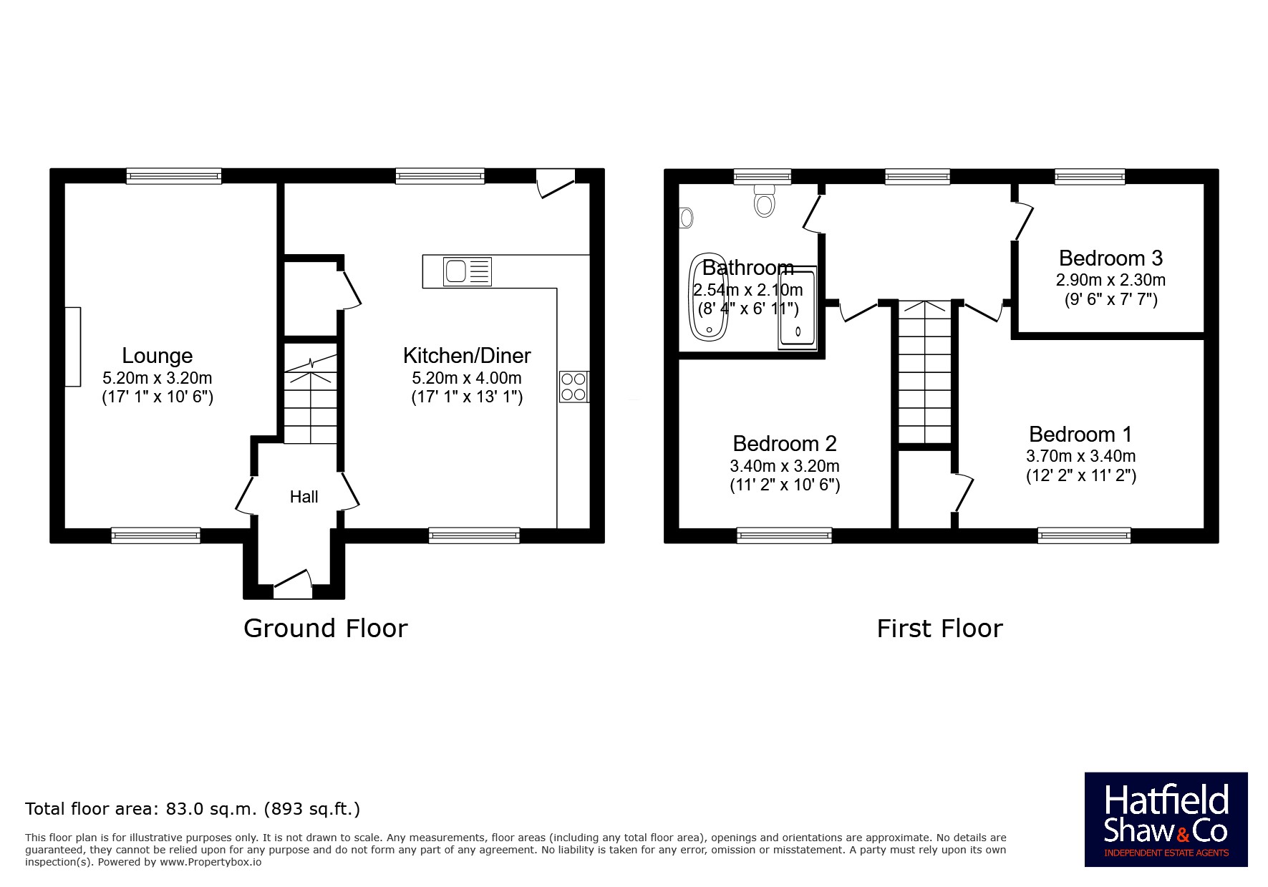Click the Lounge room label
157,356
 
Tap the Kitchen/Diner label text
467,356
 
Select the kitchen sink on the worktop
468,271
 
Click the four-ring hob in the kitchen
573,386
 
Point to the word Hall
304,497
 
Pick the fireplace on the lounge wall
73,346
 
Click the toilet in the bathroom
765,200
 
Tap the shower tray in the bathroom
798,309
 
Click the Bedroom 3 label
1110,258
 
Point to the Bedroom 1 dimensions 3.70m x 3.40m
1080,456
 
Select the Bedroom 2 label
785,444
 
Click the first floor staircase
925,372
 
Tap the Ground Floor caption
326,629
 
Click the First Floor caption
939,629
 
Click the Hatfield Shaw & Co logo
1166,820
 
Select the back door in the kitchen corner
556,183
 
